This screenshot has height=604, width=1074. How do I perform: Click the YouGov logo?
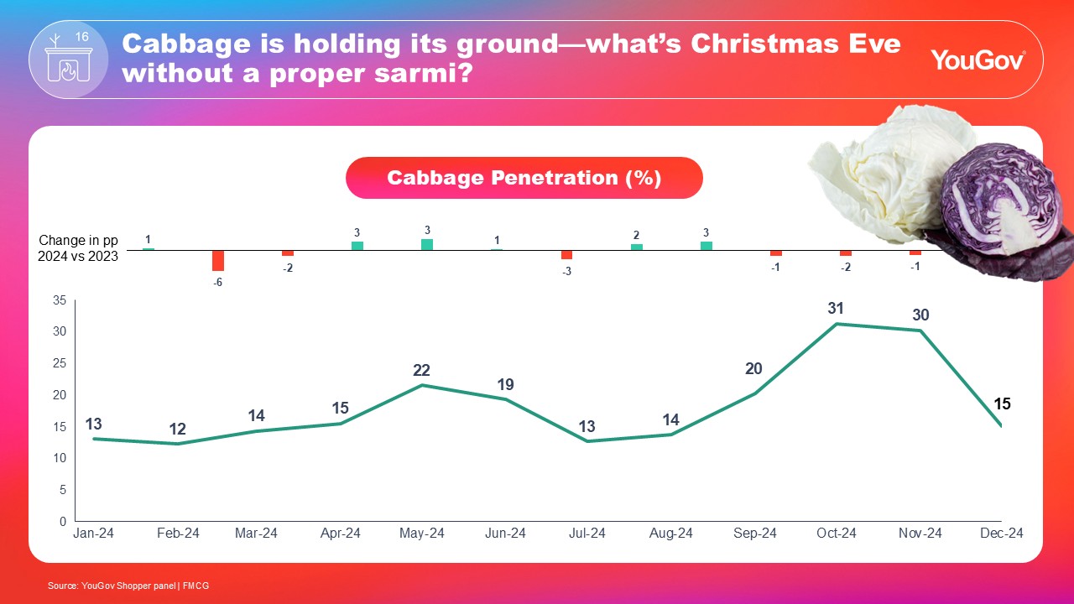[x=978, y=60]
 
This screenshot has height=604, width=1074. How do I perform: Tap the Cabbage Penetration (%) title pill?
[x=524, y=178]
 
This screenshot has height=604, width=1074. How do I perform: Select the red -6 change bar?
[x=218, y=260]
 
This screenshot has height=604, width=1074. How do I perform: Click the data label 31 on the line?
[x=835, y=309]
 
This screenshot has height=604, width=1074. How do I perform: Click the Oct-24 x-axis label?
[x=837, y=534]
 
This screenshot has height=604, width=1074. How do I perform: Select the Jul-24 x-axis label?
[x=587, y=534]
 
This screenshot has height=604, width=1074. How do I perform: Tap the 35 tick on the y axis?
[x=60, y=300]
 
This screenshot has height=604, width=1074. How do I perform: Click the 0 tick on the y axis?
[x=63, y=521]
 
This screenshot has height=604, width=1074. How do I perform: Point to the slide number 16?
[x=81, y=37]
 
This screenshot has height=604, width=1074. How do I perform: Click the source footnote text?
[x=128, y=586]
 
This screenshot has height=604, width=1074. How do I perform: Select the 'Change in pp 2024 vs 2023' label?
[x=78, y=249]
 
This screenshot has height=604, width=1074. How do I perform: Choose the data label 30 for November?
[x=920, y=315]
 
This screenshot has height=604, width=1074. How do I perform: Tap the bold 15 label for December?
[x=1002, y=404]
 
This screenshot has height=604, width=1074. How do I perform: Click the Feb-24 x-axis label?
[x=178, y=534]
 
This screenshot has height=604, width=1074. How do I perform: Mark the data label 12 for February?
[x=178, y=430]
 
